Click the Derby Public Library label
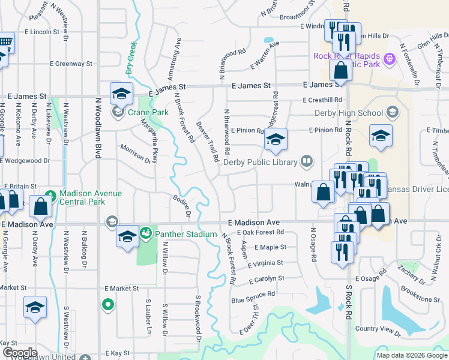point(260,162)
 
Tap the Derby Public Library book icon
point(306,161)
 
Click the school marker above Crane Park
point(121,94)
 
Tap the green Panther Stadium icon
point(145,232)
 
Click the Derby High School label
point(349,113)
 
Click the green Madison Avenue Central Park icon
point(51,195)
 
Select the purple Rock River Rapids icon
point(389,59)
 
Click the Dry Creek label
point(131,58)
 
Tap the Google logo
point(19,352)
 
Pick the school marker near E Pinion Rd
point(276,140)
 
